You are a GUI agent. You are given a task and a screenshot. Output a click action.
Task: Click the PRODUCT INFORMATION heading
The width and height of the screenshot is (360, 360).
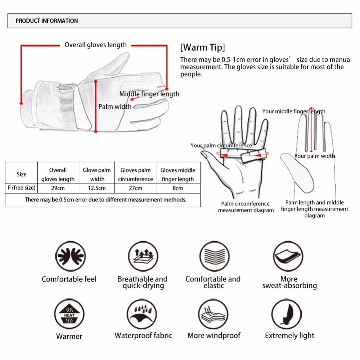coord(46,21)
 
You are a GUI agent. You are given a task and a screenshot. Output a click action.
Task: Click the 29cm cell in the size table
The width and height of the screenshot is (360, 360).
coord(58,188)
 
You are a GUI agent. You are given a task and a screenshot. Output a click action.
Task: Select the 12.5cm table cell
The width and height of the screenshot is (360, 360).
coord(97,188)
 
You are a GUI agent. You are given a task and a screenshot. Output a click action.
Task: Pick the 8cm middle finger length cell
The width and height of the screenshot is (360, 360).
coord(177,188)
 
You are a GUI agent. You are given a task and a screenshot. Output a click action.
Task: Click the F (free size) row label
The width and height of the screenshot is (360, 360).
coord(21,188)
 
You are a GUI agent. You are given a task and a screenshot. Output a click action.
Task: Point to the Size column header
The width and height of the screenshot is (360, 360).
coord(22,174)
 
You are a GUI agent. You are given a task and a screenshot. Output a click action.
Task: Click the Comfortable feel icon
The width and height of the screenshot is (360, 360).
coord(69,256)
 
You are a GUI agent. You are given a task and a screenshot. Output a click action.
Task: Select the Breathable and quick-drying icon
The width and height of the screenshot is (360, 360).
coord(142,256)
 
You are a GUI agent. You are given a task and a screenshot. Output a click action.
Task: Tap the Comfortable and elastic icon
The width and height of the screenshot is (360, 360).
coord(213,256)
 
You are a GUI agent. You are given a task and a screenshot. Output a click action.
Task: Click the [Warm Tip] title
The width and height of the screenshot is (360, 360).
coord(203,47)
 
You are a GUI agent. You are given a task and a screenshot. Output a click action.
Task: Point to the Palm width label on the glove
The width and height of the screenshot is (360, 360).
coord(115,107)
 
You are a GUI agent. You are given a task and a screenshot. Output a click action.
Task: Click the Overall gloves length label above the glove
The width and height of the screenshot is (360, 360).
coord(95,45)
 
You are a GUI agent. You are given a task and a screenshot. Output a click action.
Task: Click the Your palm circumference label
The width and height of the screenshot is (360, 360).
coord(221,145)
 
